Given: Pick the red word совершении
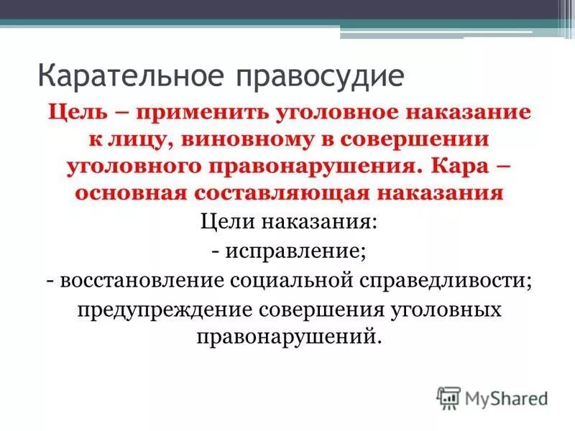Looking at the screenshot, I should [415, 141].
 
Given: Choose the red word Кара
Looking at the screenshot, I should [463, 167].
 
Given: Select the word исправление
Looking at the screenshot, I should [295, 251].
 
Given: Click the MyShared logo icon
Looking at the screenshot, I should [448, 398].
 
